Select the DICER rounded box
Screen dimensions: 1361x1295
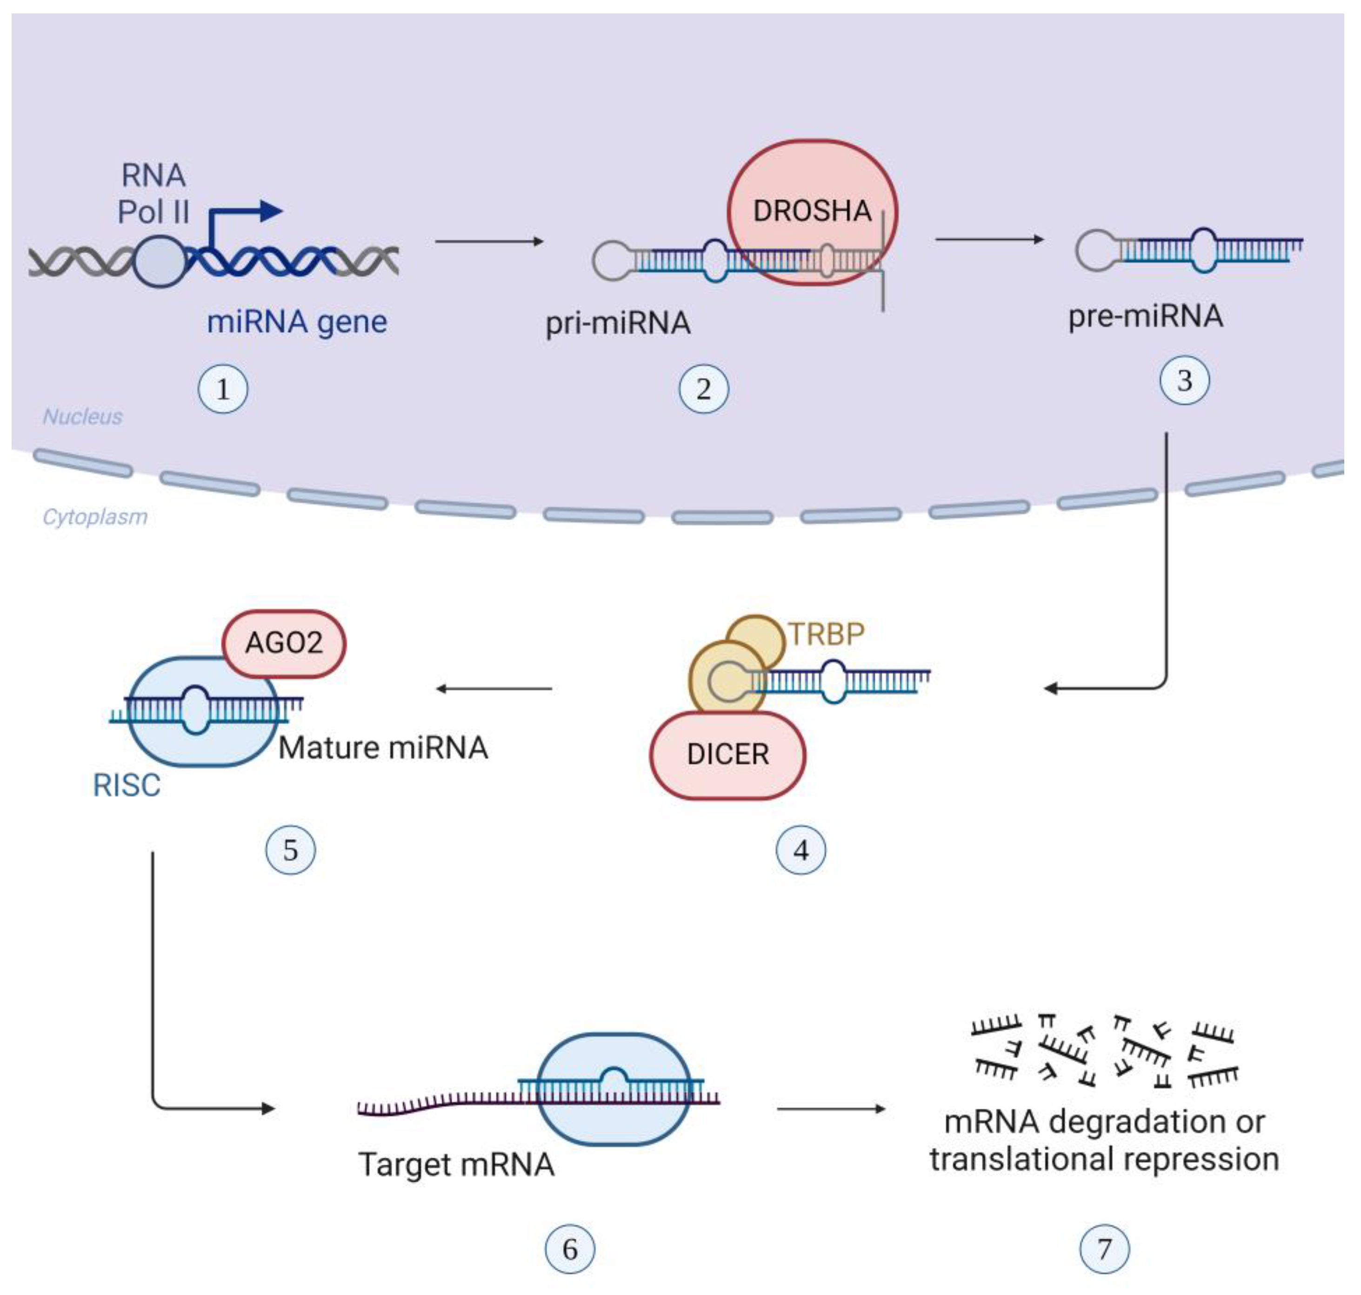coord(728,755)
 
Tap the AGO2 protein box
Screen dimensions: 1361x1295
coord(284,643)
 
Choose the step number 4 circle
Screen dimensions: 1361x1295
coord(801,850)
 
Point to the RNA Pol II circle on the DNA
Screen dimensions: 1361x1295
coord(160,261)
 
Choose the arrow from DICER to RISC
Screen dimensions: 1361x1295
coord(494,688)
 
